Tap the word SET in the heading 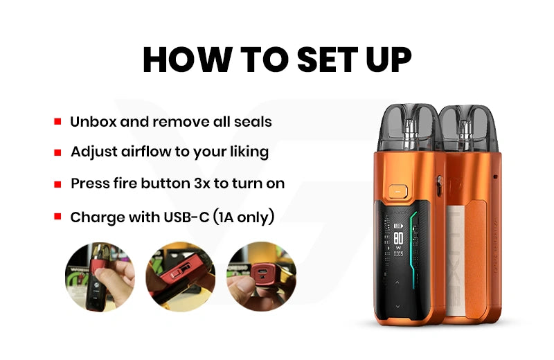[x=325, y=60]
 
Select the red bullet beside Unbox [x=57, y=122]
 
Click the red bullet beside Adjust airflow [x=57, y=152]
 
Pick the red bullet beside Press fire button [x=57, y=184]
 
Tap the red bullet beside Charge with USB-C [x=57, y=216]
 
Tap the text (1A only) [x=244, y=217]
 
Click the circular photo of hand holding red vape [x=100, y=277]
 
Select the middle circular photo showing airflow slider [x=181, y=277]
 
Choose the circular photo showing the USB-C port [x=262, y=277]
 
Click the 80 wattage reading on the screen [x=399, y=238]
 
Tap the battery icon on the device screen [x=399, y=226]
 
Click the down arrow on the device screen [x=397, y=307]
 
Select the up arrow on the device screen [x=397, y=282]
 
